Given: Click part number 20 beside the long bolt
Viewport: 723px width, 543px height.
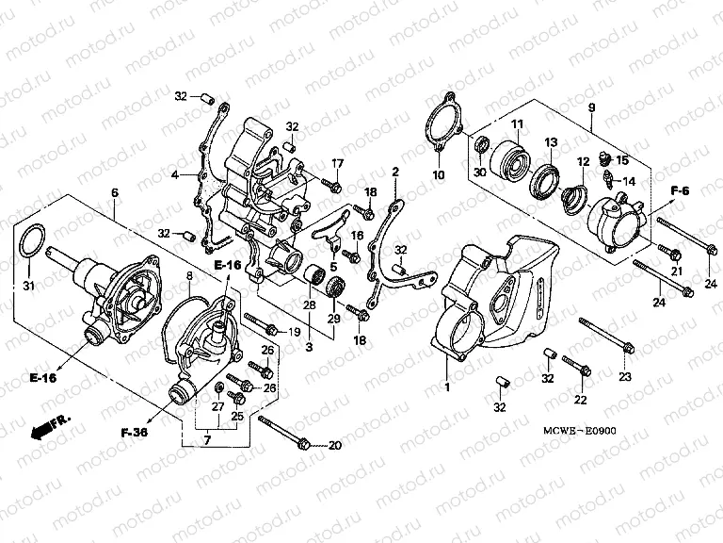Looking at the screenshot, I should pyautogui.click(x=335, y=445).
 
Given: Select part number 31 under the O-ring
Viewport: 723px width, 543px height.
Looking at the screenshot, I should pyautogui.click(x=27, y=287).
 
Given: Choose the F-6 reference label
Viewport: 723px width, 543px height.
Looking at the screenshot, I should pyautogui.click(x=681, y=192).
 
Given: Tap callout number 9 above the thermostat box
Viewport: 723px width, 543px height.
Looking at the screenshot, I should pyautogui.click(x=591, y=107).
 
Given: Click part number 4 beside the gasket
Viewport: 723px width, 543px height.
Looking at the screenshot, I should pyautogui.click(x=175, y=175).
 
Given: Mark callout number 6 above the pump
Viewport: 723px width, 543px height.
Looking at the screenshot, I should pyautogui.click(x=114, y=192).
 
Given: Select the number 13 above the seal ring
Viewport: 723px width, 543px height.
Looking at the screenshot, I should pyautogui.click(x=551, y=142).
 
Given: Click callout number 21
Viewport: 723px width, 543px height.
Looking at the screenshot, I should pyautogui.click(x=675, y=271).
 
